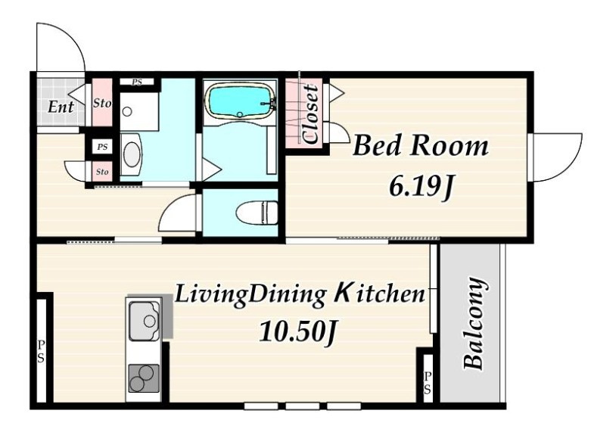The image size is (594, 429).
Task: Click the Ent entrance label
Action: point(61,107)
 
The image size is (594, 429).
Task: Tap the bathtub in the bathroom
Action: point(240,101)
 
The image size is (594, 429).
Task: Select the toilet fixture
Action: point(257,212)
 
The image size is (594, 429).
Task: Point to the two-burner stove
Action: point(143,378)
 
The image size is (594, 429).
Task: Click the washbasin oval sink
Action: point(132,154)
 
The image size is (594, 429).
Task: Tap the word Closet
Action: point(311,114)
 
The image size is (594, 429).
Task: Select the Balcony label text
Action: point(474,323)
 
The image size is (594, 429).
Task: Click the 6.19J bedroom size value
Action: point(421,187)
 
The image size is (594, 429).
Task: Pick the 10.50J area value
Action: point(298,332)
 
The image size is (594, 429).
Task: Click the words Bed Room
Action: point(421,146)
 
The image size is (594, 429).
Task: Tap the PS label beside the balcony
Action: point(428,382)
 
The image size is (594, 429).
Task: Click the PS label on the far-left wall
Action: point(41,351)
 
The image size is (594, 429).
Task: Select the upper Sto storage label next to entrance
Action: point(102,103)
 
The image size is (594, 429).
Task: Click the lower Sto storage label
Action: point(102,172)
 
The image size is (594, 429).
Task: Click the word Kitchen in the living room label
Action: point(380,294)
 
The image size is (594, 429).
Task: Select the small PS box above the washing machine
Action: point(137,82)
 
